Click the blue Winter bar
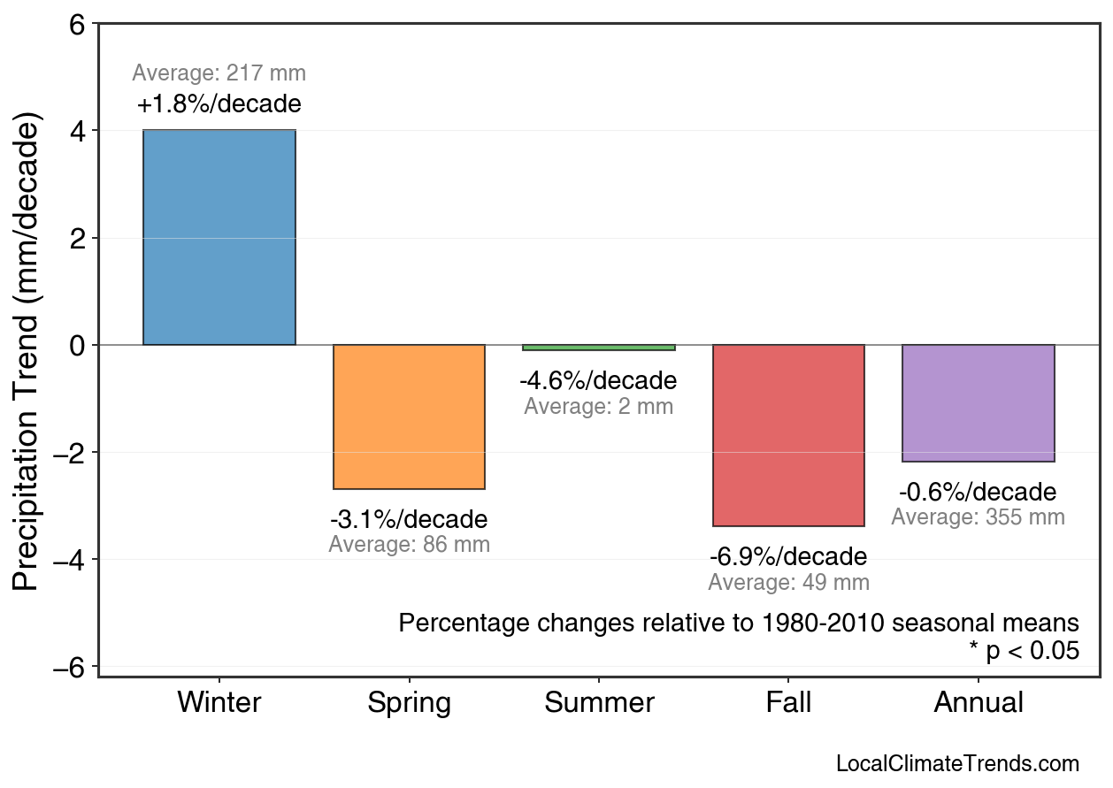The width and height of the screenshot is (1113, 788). tap(219, 237)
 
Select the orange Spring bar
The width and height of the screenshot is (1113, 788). tap(409, 417)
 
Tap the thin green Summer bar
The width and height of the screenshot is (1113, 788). tap(599, 348)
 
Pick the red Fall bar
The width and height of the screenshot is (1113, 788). tap(788, 435)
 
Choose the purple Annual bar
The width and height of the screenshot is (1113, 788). tap(978, 403)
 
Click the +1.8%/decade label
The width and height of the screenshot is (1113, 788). tap(219, 104)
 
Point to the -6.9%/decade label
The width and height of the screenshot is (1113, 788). tap(788, 557)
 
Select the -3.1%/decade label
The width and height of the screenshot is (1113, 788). tap(409, 519)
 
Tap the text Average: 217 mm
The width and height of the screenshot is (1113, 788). tap(219, 73)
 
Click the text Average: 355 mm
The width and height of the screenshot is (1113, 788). tap(978, 517)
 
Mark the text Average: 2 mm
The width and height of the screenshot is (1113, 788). tap(599, 407)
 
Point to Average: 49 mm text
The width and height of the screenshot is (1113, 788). tap(788, 583)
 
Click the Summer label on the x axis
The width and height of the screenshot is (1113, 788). tap(599, 703)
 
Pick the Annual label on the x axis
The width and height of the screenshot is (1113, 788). tap(978, 703)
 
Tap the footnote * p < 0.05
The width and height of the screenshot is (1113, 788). tap(1024, 652)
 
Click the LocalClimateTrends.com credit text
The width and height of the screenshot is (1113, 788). tap(957, 764)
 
